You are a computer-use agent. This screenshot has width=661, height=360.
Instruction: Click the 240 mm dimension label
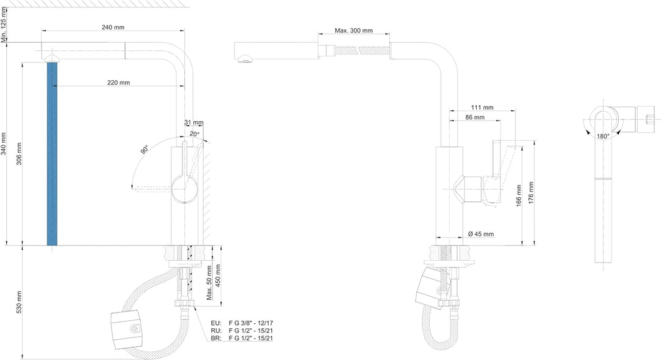click(113, 28)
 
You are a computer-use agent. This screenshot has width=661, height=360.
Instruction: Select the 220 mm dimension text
click(119, 83)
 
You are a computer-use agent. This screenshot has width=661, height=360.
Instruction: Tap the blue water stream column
click(52, 154)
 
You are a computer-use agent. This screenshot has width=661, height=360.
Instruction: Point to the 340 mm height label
click(4, 144)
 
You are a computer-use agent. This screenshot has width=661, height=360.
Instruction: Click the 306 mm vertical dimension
click(19, 154)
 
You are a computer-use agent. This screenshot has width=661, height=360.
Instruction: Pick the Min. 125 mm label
click(4, 24)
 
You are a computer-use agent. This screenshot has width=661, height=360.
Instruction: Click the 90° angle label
click(144, 149)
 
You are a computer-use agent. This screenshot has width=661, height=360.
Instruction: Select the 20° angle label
click(195, 133)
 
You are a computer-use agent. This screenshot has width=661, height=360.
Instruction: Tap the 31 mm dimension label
click(194, 122)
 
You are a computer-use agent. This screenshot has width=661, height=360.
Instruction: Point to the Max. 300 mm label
click(354, 31)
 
